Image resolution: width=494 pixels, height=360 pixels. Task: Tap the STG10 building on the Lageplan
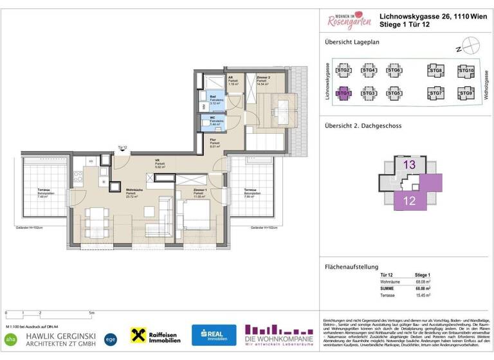(466, 71)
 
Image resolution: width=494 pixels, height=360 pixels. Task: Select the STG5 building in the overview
(394, 94)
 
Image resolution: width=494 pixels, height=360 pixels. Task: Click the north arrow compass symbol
(472, 47)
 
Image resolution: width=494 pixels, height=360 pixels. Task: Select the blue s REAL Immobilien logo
(214, 335)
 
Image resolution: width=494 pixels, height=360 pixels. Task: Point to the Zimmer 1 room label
(200, 191)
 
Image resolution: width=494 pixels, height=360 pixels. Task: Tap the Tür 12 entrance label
(122, 148)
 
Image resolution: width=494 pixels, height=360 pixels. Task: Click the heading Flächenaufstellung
(351, 267)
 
